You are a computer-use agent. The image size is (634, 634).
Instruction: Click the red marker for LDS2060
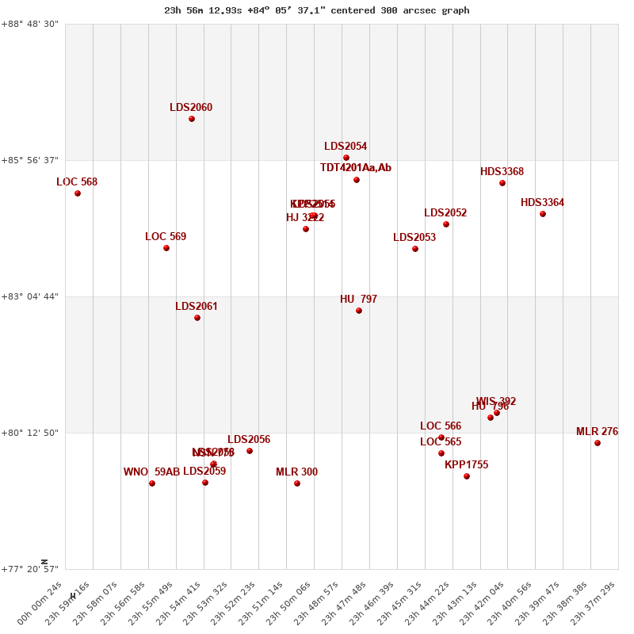192,119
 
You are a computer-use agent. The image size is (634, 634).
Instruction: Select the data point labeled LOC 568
78,193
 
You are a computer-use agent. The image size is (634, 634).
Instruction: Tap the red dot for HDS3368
502,183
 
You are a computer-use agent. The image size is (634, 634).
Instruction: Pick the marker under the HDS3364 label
543,214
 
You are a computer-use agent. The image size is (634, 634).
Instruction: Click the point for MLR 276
598,443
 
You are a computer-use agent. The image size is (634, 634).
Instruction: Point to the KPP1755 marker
467,476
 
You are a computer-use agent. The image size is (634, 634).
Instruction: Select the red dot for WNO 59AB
152,483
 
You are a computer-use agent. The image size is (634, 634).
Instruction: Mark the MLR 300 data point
297,483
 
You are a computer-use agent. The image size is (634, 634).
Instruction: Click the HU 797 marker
359,311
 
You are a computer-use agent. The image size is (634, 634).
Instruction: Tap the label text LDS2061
197,307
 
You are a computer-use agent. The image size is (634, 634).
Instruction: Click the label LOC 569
166,237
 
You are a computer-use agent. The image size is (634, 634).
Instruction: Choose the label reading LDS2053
414,238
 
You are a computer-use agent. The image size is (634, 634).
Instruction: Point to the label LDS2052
445,213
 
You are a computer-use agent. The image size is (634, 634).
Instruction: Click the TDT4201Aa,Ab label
356,168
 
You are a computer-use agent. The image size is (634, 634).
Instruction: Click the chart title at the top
317,10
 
